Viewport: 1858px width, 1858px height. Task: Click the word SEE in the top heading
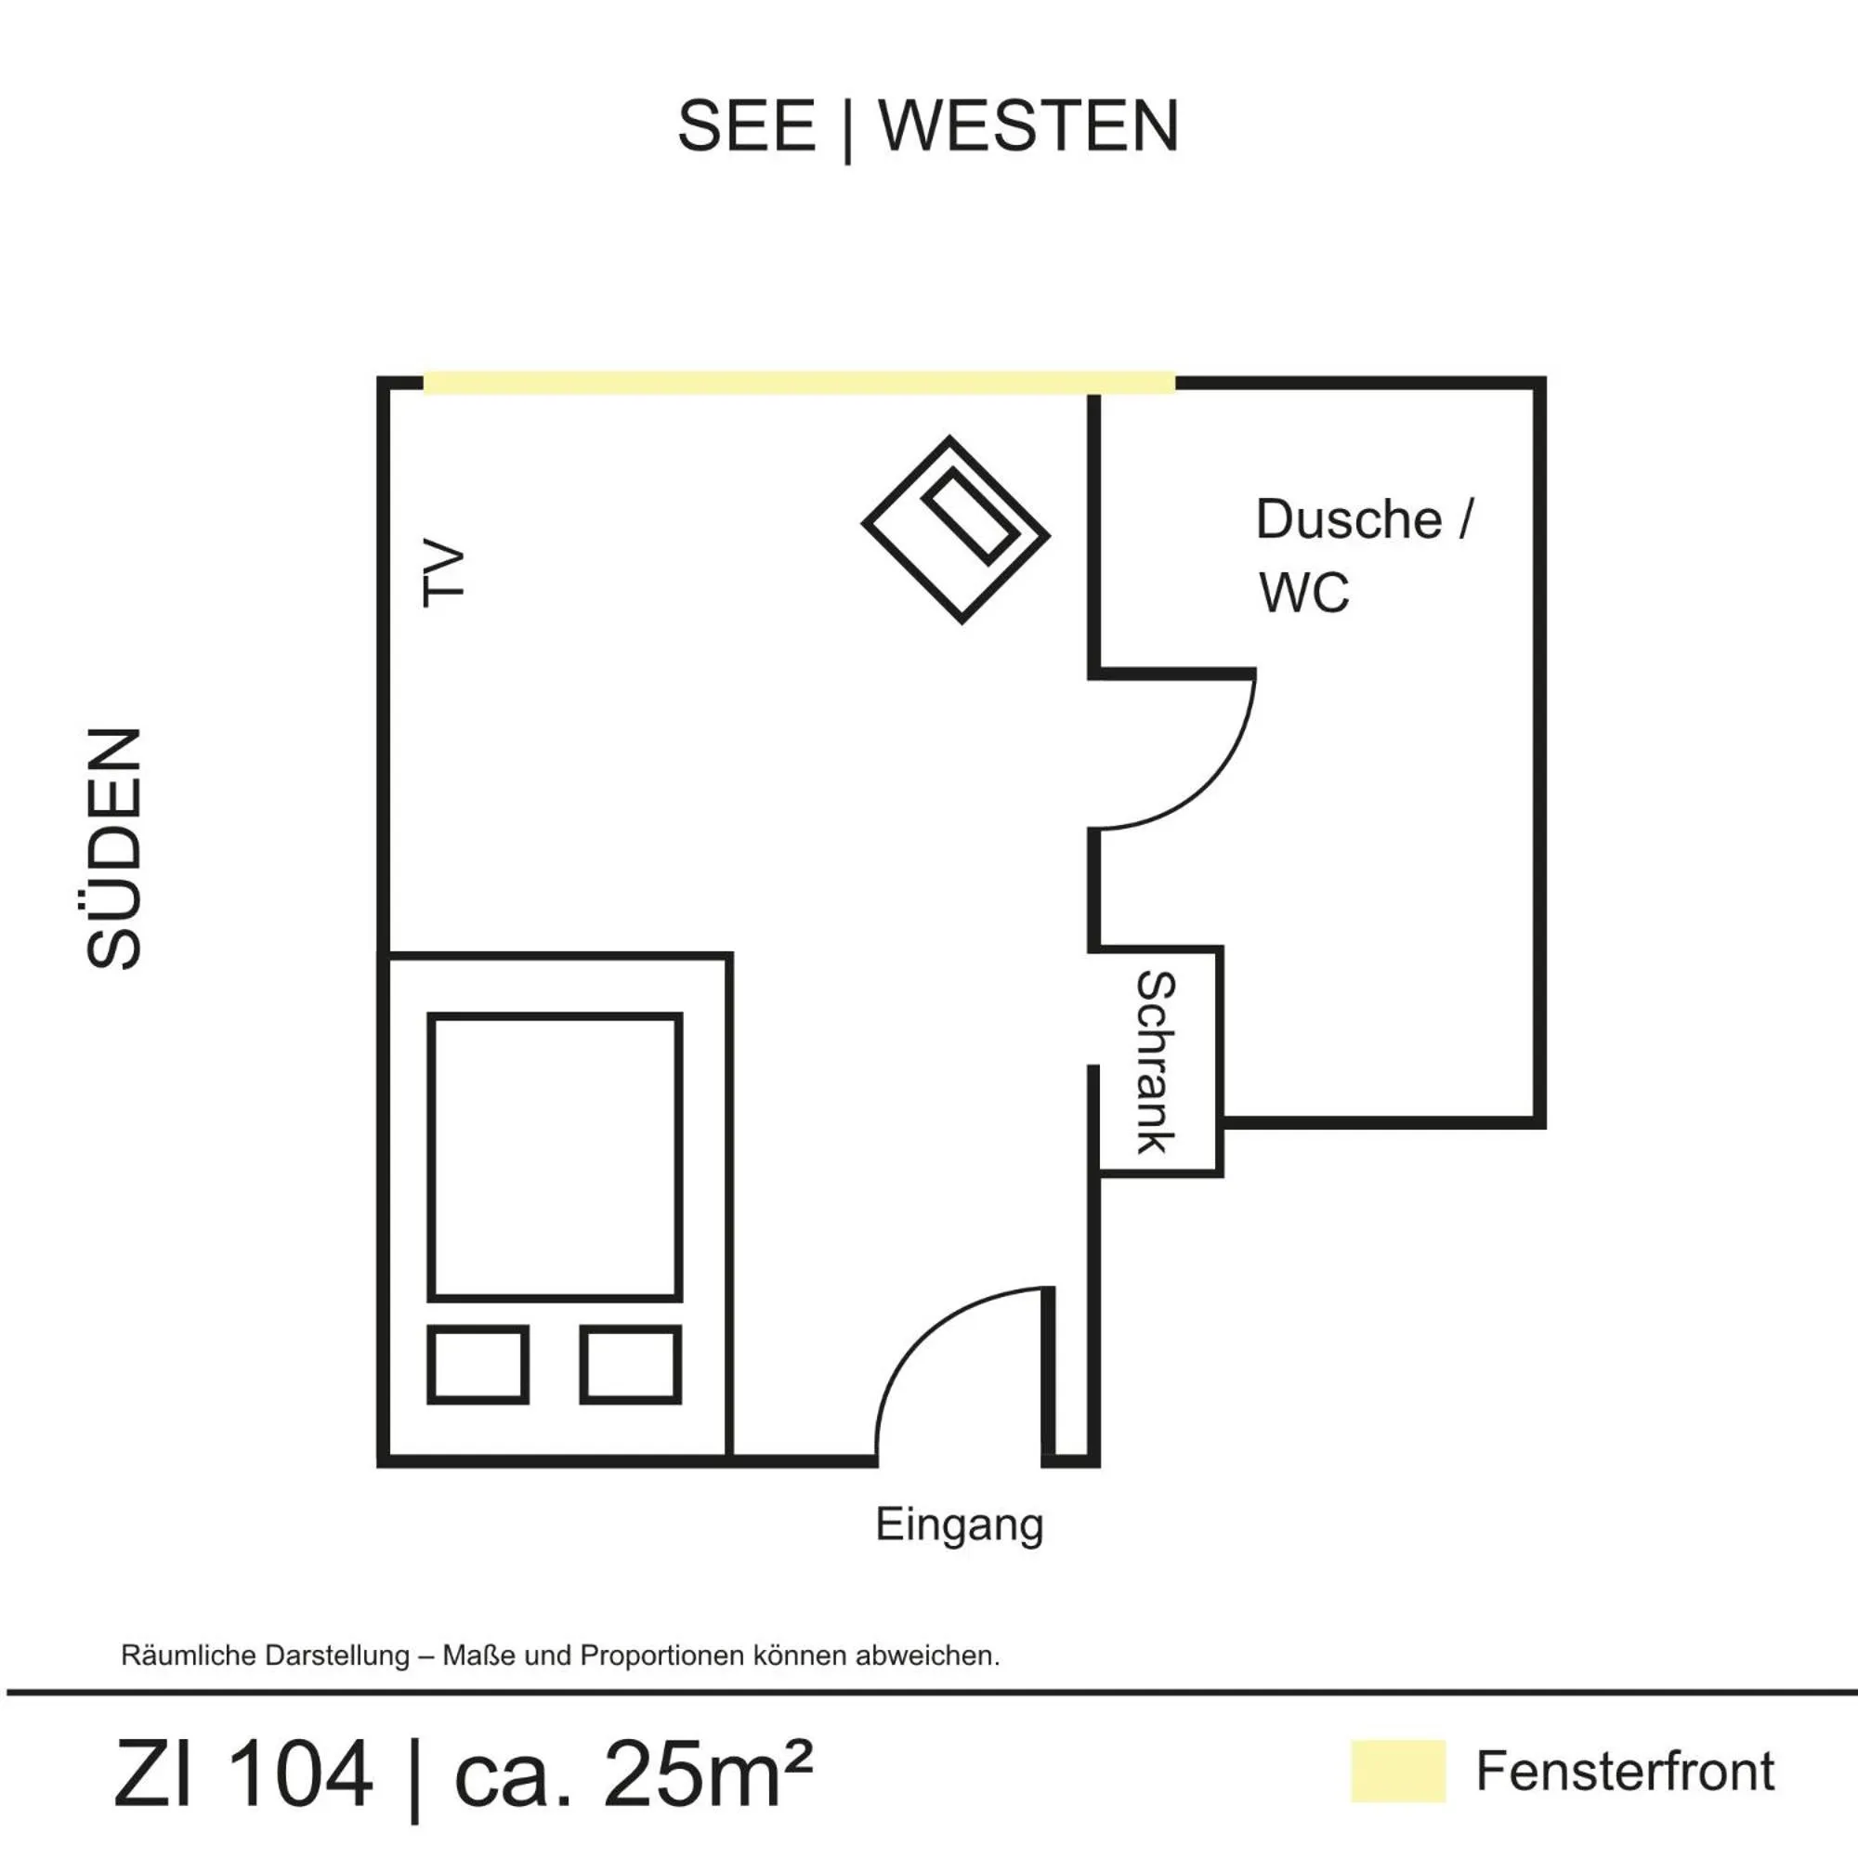coord(746,126)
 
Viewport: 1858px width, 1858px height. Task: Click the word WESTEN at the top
coord(1028,126)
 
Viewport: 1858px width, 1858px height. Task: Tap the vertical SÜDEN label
coord(114,847)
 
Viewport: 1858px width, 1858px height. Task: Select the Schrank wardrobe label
coord(1156,1062)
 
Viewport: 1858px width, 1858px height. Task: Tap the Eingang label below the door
coord(959,1524)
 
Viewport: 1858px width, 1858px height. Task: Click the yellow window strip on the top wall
coord(798,383)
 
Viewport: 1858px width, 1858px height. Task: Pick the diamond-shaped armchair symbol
coord(955,530)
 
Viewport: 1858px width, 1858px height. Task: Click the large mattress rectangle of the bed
coord(555,1156)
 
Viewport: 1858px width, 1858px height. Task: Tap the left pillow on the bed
coord(478,1364)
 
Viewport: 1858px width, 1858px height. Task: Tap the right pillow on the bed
coord(631,1364)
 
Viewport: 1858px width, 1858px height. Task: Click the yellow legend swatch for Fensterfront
coord(1397,1771)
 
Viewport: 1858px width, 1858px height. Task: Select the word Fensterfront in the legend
coord(1625,1772)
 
